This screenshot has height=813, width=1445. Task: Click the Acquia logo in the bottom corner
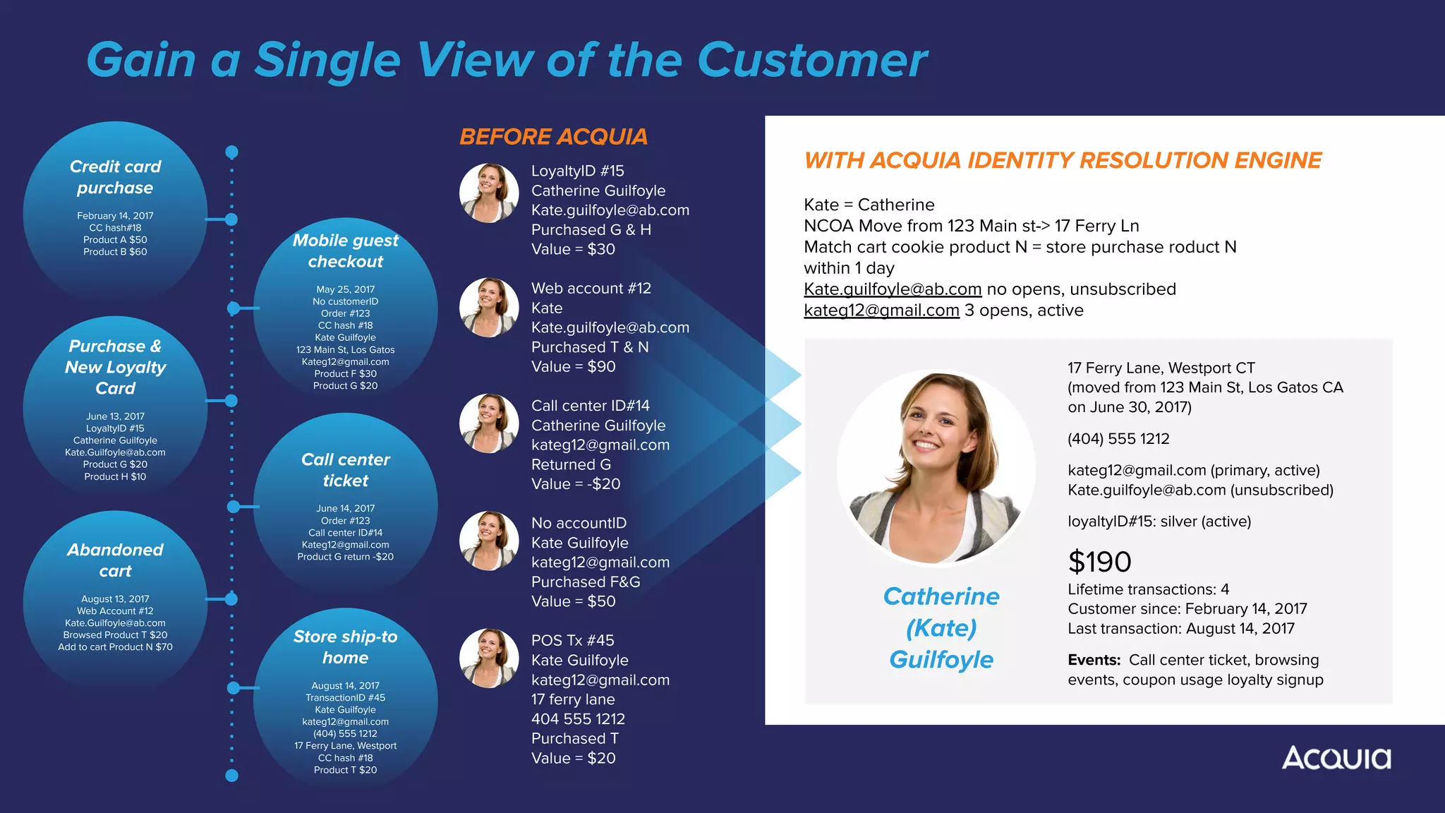click(x=1336, y=758)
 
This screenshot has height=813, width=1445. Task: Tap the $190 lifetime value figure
click(x=1099, y=562)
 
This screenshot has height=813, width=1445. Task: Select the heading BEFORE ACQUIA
click(x=553, y=136)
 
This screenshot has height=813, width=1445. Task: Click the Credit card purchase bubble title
click(x=115, y=177)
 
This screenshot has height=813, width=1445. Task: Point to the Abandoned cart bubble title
click(x=115, y=560)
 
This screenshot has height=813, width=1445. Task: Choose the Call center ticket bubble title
click(x=345, y=470)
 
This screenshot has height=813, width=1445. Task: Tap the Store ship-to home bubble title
click(x=345, y=647)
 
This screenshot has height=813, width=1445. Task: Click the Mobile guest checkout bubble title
click(x=345, y=251)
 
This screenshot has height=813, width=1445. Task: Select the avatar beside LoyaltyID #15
click(x=489, y=193)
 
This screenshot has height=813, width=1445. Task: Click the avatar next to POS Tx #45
click(x=489, y=658)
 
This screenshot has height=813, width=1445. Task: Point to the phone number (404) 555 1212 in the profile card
click(x=1118, y=439)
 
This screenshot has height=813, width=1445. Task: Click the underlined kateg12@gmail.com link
click(x=881, y=311)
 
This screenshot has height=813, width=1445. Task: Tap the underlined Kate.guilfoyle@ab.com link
click(x=893, y=289)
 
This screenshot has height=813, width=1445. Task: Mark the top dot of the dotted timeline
click(x=231, y=152)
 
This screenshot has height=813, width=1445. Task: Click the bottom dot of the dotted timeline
click(x=231, y=776)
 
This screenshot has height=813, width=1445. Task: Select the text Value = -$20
click(x=575, y=484)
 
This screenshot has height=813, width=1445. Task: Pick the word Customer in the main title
click(x=811, y=60)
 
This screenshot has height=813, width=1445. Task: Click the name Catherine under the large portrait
click(x=941, y=596)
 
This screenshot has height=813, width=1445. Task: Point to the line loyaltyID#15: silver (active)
click(x=1159, y=522)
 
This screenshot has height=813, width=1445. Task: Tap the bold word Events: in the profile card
click(x=1094, y=660)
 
